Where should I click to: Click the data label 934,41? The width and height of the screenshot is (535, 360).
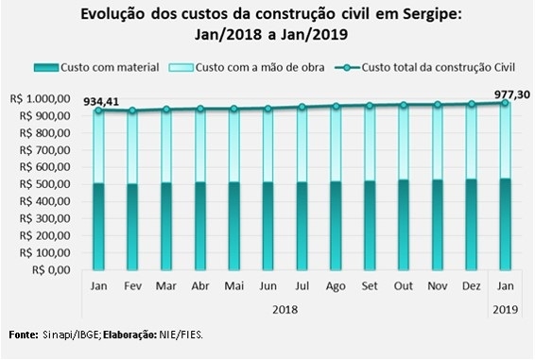click(101, 101)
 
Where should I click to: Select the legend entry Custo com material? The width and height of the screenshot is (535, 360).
click(96, 67)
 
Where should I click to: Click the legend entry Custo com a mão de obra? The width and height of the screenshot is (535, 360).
click(247, 67)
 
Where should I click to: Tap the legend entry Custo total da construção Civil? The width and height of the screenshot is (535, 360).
click(424, 67)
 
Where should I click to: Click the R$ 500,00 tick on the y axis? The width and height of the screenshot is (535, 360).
click(45, 184)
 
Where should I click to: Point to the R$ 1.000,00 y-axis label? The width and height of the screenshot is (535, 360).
click(41, 99)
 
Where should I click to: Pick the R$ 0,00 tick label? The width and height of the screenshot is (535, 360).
click(52, 270)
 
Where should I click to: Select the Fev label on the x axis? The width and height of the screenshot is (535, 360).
click(132, 286)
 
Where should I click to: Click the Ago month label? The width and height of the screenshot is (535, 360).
click(336, 286)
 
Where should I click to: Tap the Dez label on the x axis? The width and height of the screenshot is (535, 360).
click(471, 286)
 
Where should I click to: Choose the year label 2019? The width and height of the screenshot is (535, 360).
click(506, 310)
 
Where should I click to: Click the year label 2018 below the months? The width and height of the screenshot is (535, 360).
click(285, 310)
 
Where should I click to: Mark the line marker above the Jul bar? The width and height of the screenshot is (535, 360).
click(302, 107)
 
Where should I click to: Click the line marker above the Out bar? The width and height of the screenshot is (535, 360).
click(404, 105)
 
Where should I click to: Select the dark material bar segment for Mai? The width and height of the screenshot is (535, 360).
click(234, 226)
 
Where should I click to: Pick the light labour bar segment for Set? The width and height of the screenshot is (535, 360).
click(370, 144)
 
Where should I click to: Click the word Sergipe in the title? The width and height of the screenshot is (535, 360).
click(432, 15)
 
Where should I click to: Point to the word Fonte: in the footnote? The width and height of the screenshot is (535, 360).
click(24, 334)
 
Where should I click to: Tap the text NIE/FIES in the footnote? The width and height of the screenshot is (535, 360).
click(181, 334)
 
